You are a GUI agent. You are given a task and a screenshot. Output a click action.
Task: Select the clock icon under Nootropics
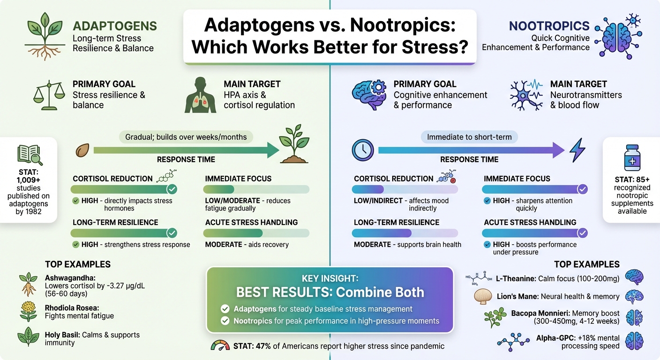click(362, 150)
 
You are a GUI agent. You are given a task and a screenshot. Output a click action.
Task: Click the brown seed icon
click(82, 150)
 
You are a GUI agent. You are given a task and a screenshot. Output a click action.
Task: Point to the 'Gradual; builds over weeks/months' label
click(186, 137)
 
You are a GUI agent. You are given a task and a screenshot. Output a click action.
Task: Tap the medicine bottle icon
click(632, 158)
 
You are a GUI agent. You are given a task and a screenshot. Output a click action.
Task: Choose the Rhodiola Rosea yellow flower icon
click(28, 311)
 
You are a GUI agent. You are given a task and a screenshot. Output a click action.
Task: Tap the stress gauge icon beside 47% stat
click(220, 346)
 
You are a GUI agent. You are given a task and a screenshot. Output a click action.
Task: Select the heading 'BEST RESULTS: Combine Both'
click(330, 292)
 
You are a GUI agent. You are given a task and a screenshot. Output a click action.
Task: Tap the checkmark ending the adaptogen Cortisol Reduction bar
click(172, 189)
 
